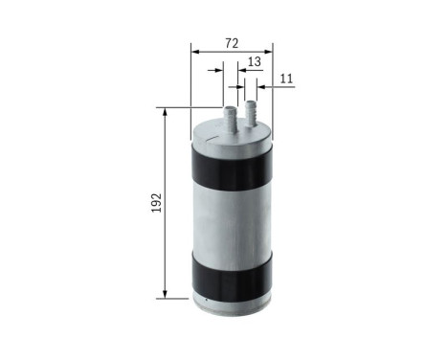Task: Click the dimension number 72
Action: [232, 44]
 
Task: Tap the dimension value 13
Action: [253, 61]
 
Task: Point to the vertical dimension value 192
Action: [156, 202]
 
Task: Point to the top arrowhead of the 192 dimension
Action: [167, 112]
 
